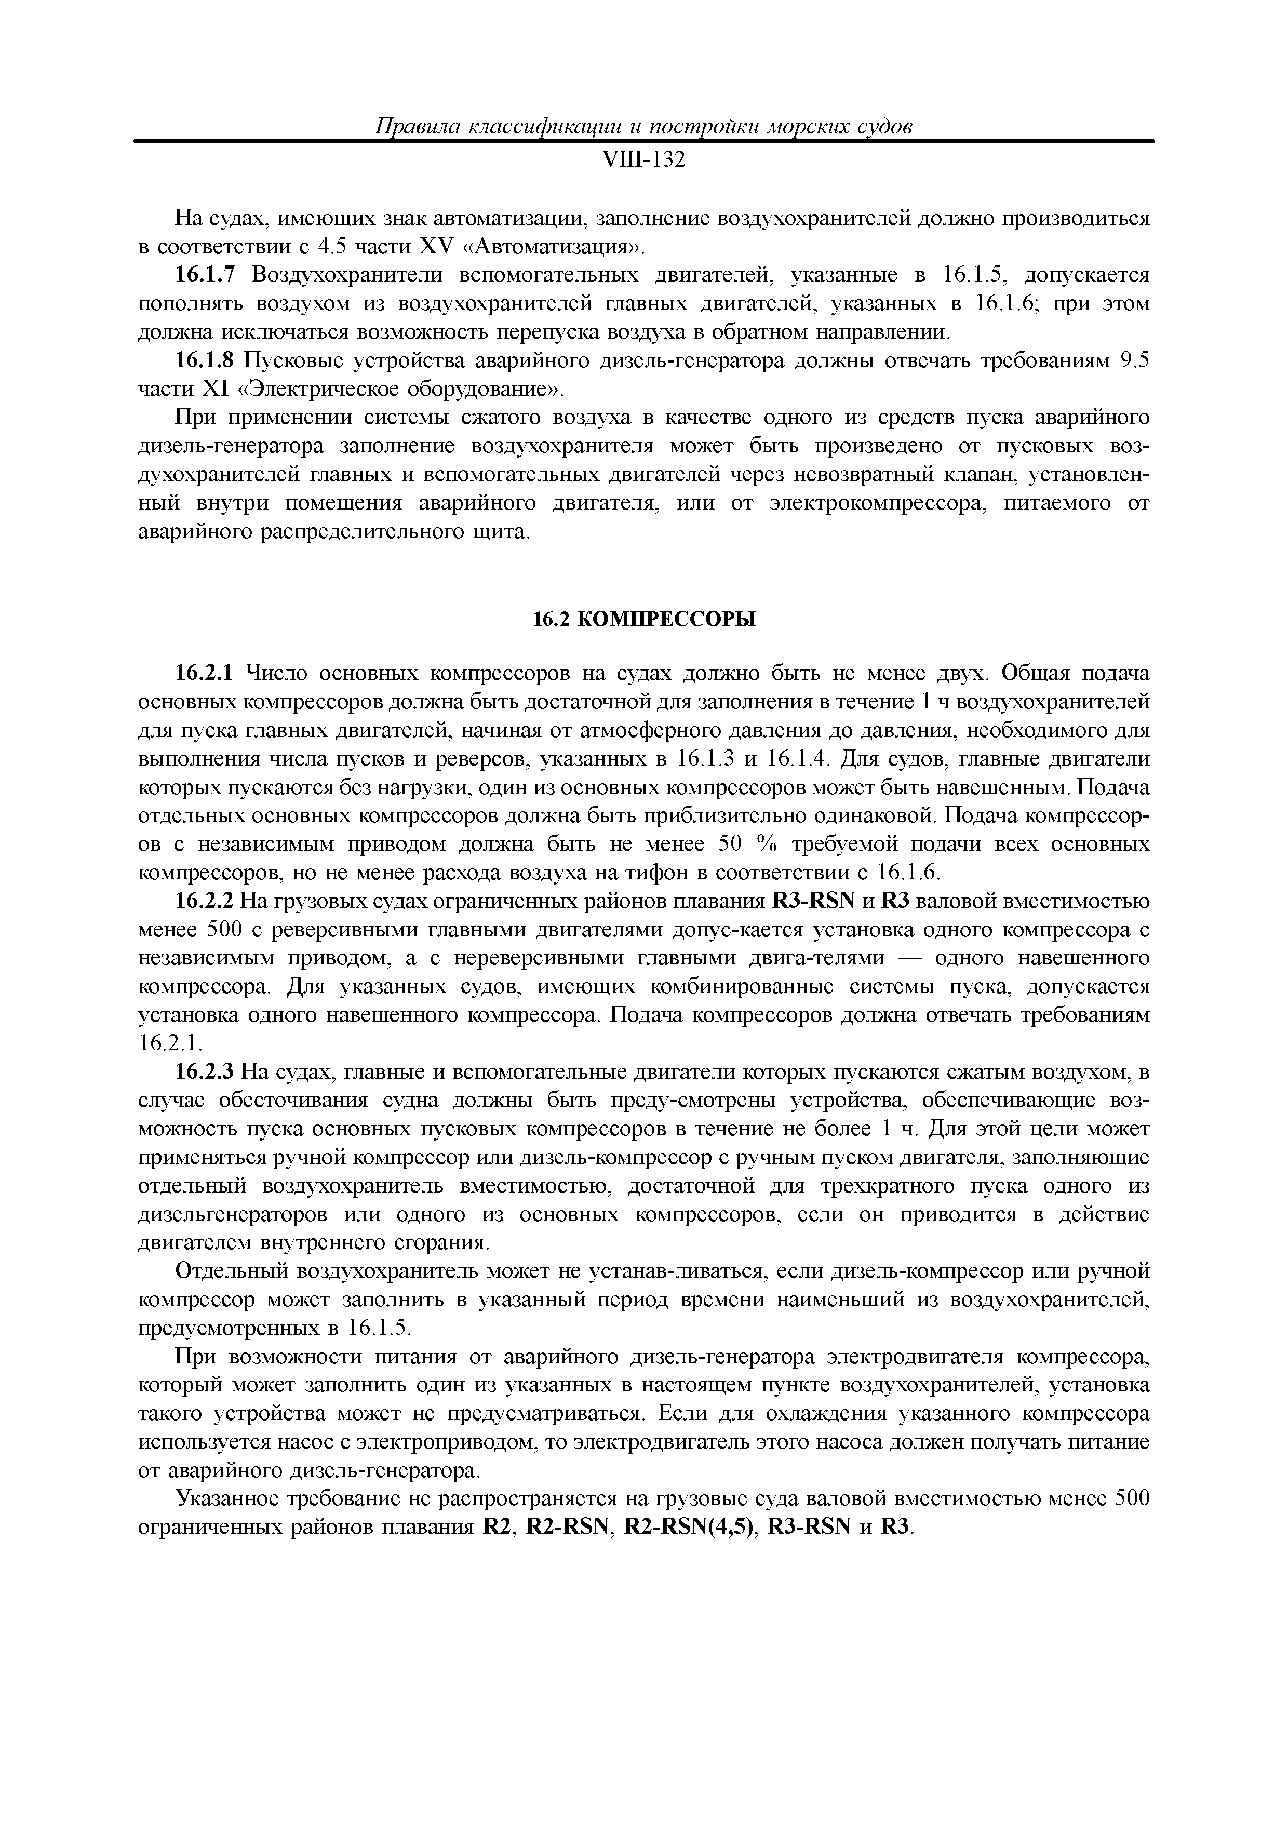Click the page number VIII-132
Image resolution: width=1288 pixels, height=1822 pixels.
[x=643, y=160]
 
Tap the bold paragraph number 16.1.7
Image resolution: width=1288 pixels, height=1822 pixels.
[x=205, y=275]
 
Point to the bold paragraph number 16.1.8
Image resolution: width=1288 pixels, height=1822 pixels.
[x=205, y=361]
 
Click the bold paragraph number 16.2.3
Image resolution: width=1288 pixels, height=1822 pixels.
[x=205, y=1073]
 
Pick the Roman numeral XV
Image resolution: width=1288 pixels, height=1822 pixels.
[x=433, y=247]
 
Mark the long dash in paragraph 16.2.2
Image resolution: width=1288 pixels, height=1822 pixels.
[x=909, y=959]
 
